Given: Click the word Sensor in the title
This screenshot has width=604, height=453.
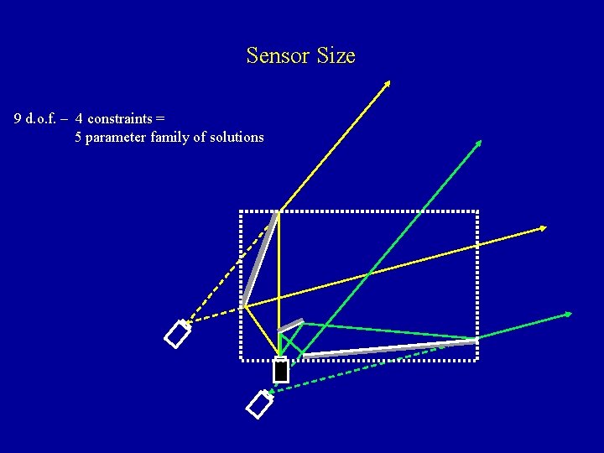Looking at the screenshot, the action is pos(276,56).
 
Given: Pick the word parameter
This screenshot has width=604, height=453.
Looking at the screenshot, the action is pos(117,137).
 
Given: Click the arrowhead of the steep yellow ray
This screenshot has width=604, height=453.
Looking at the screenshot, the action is pos(388,82).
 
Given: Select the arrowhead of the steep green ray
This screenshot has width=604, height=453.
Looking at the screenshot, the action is pos(479,143).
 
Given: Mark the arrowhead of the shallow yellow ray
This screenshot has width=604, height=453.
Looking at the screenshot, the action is pos(544,227).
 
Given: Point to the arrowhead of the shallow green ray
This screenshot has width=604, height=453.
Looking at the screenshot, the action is pos(568,314).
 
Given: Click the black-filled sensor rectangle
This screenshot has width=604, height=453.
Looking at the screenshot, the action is pos(280,370).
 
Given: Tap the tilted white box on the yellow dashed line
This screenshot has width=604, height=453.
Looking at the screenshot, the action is pos(179,334).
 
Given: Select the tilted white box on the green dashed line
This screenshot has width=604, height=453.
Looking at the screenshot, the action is pos(260,404).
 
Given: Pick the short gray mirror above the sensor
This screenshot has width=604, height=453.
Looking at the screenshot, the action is pos(290,325).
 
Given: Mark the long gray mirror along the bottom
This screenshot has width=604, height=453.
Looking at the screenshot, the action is pos(390,348).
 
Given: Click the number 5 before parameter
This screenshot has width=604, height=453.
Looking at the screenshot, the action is pos(78,137).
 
